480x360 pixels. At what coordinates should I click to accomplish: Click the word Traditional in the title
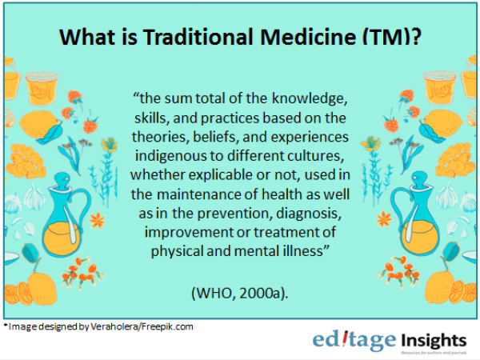click(x=199, y=37)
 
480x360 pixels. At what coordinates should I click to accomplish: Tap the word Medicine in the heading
click(x=309, y=37)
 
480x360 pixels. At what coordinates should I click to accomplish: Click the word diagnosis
click(x=308, y=214)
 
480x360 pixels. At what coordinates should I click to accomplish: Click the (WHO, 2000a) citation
click(x=240, y=294)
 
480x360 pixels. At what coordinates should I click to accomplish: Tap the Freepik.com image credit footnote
click(x=98, y=327)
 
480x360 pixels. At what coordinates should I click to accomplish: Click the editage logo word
click(x=354, y=341)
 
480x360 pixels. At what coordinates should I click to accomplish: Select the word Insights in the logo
click(x=434, y=341)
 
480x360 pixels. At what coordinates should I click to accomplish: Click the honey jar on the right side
click(x=439, y=88)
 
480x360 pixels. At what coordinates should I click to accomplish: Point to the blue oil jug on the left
click(x=62, y=216)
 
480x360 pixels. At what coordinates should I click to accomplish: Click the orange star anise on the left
click(x=98, y=220)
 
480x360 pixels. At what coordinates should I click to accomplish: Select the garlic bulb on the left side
click(x=34, y=197)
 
